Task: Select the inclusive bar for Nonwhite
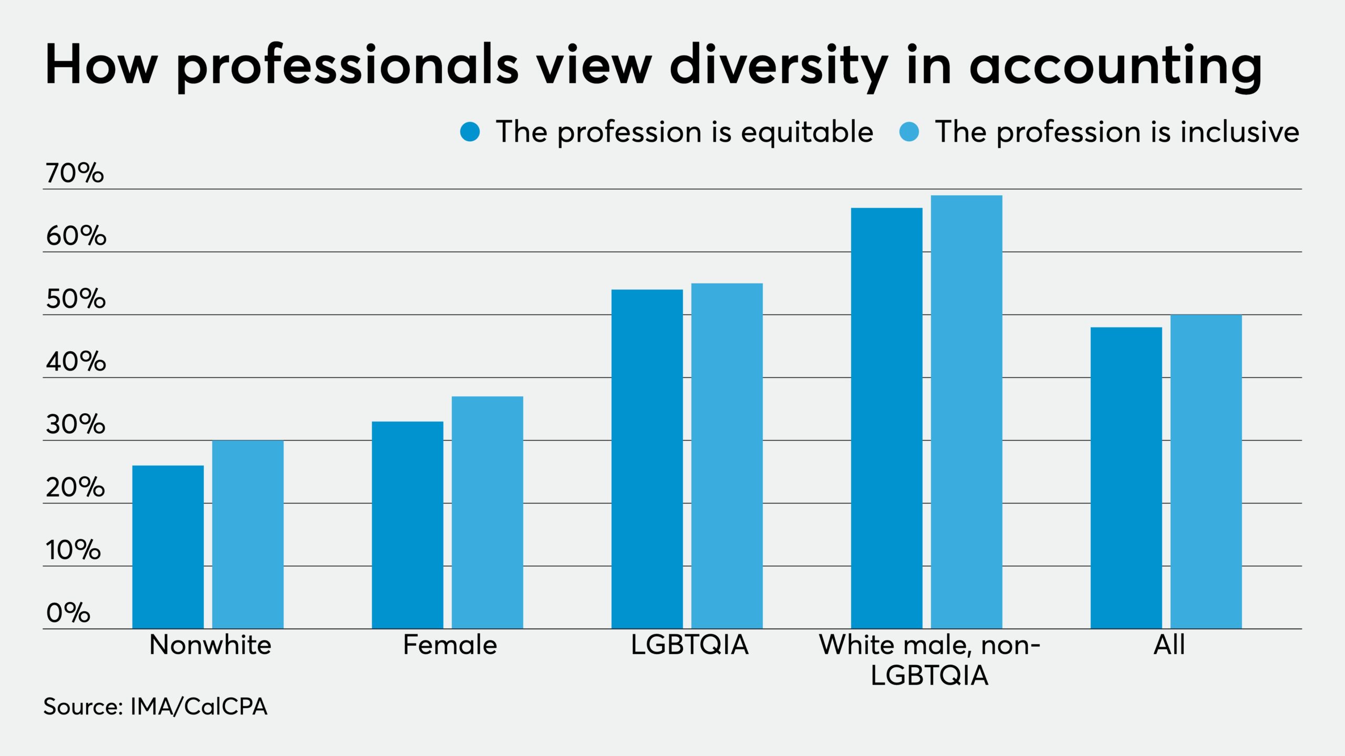[x=247, y=534]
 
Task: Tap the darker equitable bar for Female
[x=407, y=525]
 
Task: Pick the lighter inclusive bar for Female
[x=487, y=512]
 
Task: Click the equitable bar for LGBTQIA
[x=647, y=458]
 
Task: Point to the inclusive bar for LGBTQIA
[x=727, y=456]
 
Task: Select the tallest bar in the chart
[x=966, y=412]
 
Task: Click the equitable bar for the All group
[x=1126, y=478]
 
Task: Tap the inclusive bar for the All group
[x=1206, y=471]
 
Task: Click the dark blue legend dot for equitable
[x=470, y=132]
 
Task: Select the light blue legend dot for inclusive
[x=909, y=132]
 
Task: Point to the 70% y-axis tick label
[x=75, y=173]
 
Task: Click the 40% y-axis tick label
[x=76, y=362]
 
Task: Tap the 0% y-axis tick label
[x=68, y=613]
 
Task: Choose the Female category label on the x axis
[x=450, y=645]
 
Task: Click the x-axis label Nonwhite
[x=210, y=645]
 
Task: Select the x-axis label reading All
[x=1169, y=645]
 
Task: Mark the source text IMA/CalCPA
[x=199, y=707]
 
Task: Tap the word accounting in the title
[x=1115, y=67]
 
